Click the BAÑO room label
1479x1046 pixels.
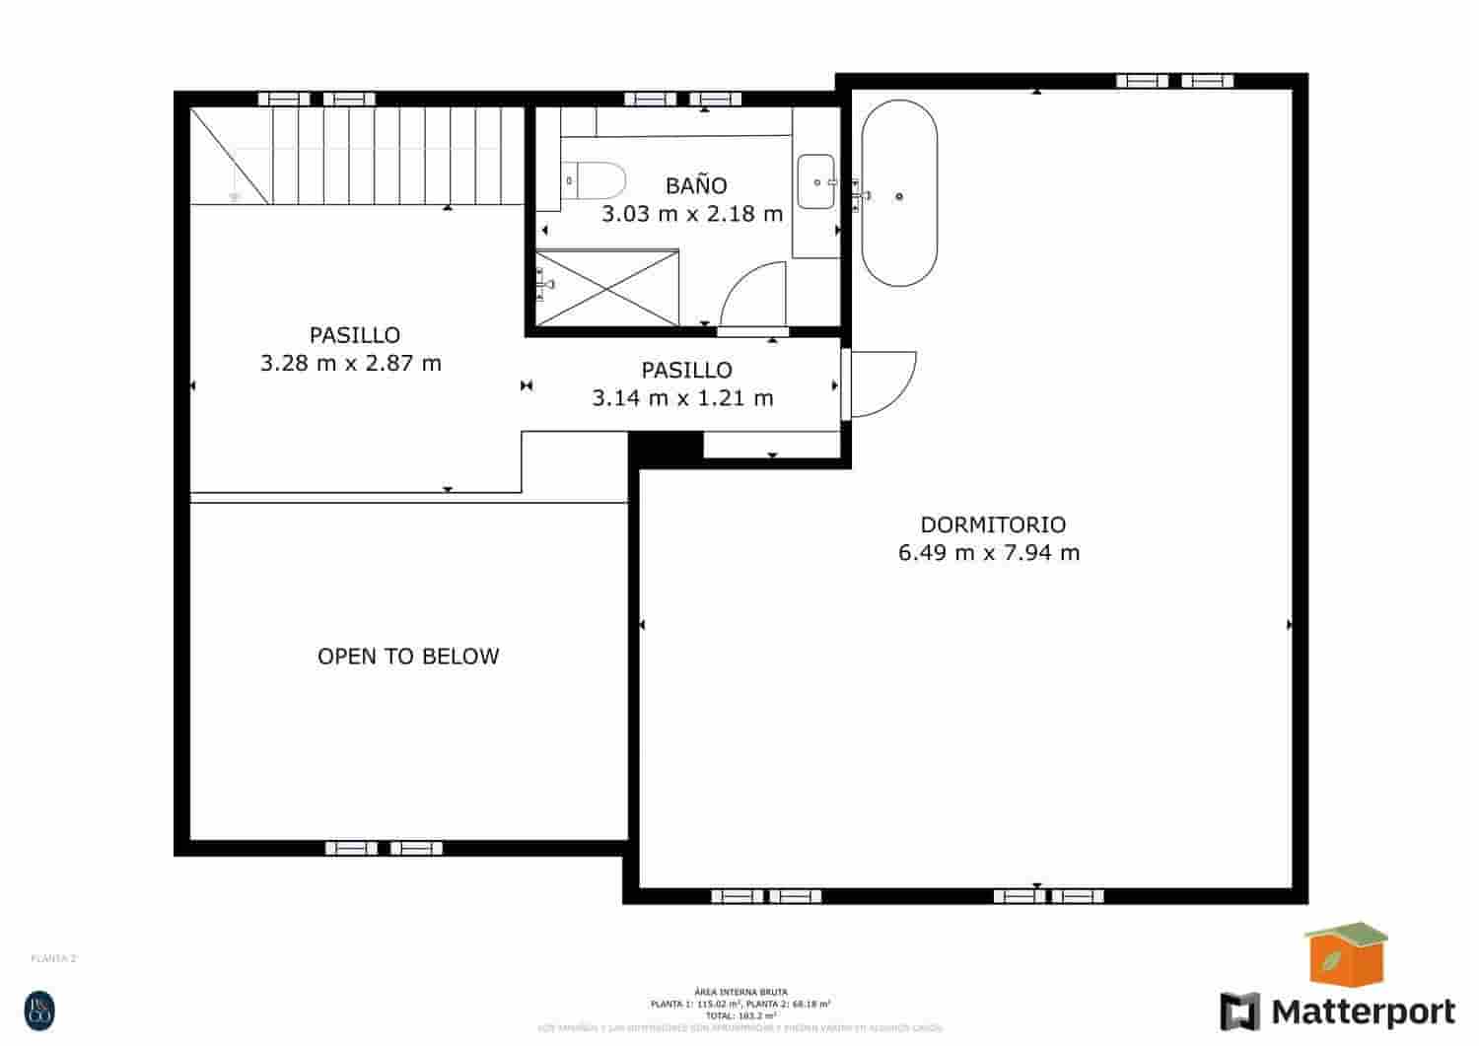(x=696, y=185)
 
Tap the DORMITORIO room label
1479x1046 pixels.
(x=993, y=524)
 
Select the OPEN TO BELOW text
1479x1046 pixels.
(x=408, y=657)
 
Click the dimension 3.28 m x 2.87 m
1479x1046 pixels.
(x=351, y=363)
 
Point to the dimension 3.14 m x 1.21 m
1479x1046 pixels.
(x=682, y=398)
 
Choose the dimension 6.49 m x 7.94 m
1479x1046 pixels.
(x=989, y=553)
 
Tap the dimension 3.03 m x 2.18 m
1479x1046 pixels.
(x=692, y=213)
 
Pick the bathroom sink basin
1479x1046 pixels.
(x=815, y=181)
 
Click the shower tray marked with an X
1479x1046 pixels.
(x=607, y=287)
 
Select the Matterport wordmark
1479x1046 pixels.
(x=1362, y=1011)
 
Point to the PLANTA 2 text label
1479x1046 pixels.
(x=54, y=958)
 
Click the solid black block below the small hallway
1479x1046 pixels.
(x=666, y=448)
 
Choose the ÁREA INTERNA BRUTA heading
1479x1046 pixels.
(x=740, y=992)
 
